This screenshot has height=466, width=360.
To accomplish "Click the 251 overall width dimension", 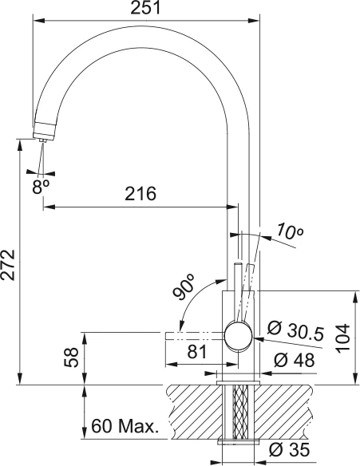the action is tap(145, 8).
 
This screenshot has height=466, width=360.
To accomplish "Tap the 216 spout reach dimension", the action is tap(140, 194).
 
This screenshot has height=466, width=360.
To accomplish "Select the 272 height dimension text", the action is tap(8, 265).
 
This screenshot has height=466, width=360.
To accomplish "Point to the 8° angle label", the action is tap(41, 188).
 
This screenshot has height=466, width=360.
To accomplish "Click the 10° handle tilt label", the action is tap(290, 231).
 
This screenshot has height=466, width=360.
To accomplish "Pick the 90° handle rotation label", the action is tap(184, 286).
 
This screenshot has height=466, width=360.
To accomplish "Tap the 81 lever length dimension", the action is tap(197, 352).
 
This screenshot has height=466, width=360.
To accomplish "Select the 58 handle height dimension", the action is tap(71, 357).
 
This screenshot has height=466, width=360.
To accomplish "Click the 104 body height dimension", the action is tap(343, 338).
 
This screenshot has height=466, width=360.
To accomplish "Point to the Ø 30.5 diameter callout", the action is tap(295, 331).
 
